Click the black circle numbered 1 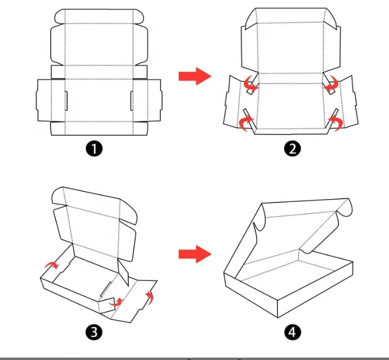pos(94,149)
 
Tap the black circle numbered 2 pos(293,149)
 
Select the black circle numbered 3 pos(94,332)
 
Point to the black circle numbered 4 pos(293,332)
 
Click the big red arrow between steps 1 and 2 pos(195,76)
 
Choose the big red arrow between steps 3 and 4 pos(195,254)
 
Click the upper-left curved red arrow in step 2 pos(250,84)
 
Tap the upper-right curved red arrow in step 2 pos(332,84)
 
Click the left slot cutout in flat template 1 pos(66,101)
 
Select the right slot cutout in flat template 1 pos(132,101)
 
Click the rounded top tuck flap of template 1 pos(99,16)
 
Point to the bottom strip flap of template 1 pos(99,128)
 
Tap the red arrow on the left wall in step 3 pos(52,265)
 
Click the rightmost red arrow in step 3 pos(150,297)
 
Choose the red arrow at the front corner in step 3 pos(115,302)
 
